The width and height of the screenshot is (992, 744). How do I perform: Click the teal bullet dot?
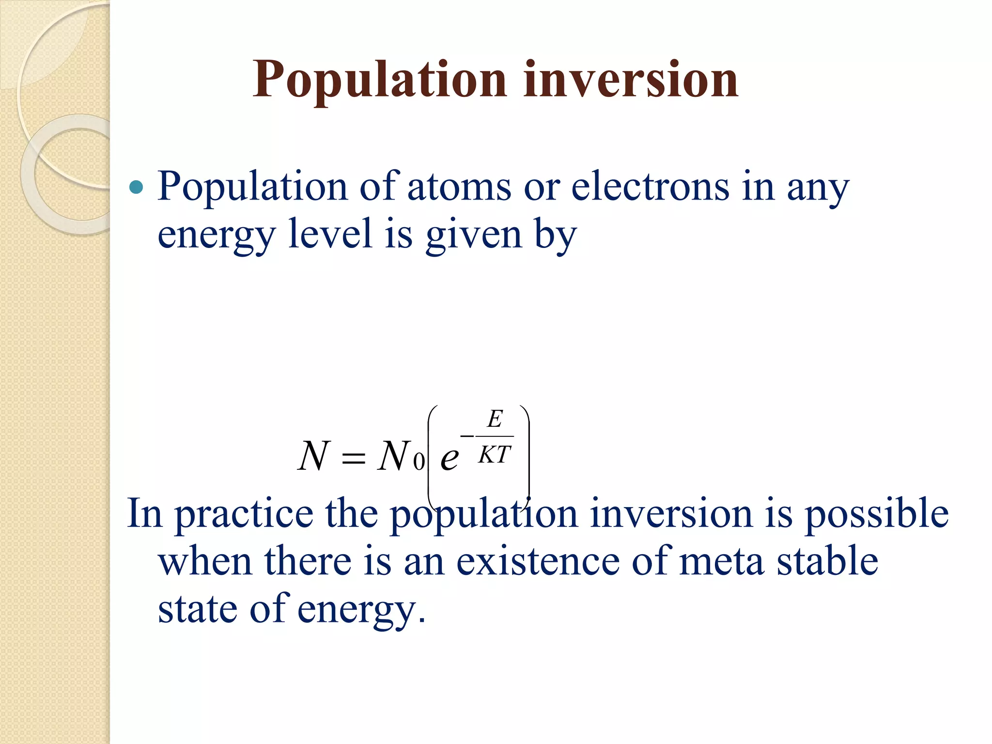[x=137, y=187]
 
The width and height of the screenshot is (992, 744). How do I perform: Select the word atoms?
[x=459, y=187]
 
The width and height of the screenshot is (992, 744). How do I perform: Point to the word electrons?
[x=651, y=187]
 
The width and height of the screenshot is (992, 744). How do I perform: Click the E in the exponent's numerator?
[x=495, y=418]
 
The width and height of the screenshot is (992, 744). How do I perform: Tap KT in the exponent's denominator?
[x=495, y=455]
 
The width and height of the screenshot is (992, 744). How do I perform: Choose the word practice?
[x=244, y=515]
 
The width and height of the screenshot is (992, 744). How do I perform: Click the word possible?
[x=877, y=514]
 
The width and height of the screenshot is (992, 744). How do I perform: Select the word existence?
[x=538, y=562]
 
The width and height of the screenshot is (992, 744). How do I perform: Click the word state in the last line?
[x=198, y=609]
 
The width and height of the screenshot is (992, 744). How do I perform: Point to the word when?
[x=205, y=562]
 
